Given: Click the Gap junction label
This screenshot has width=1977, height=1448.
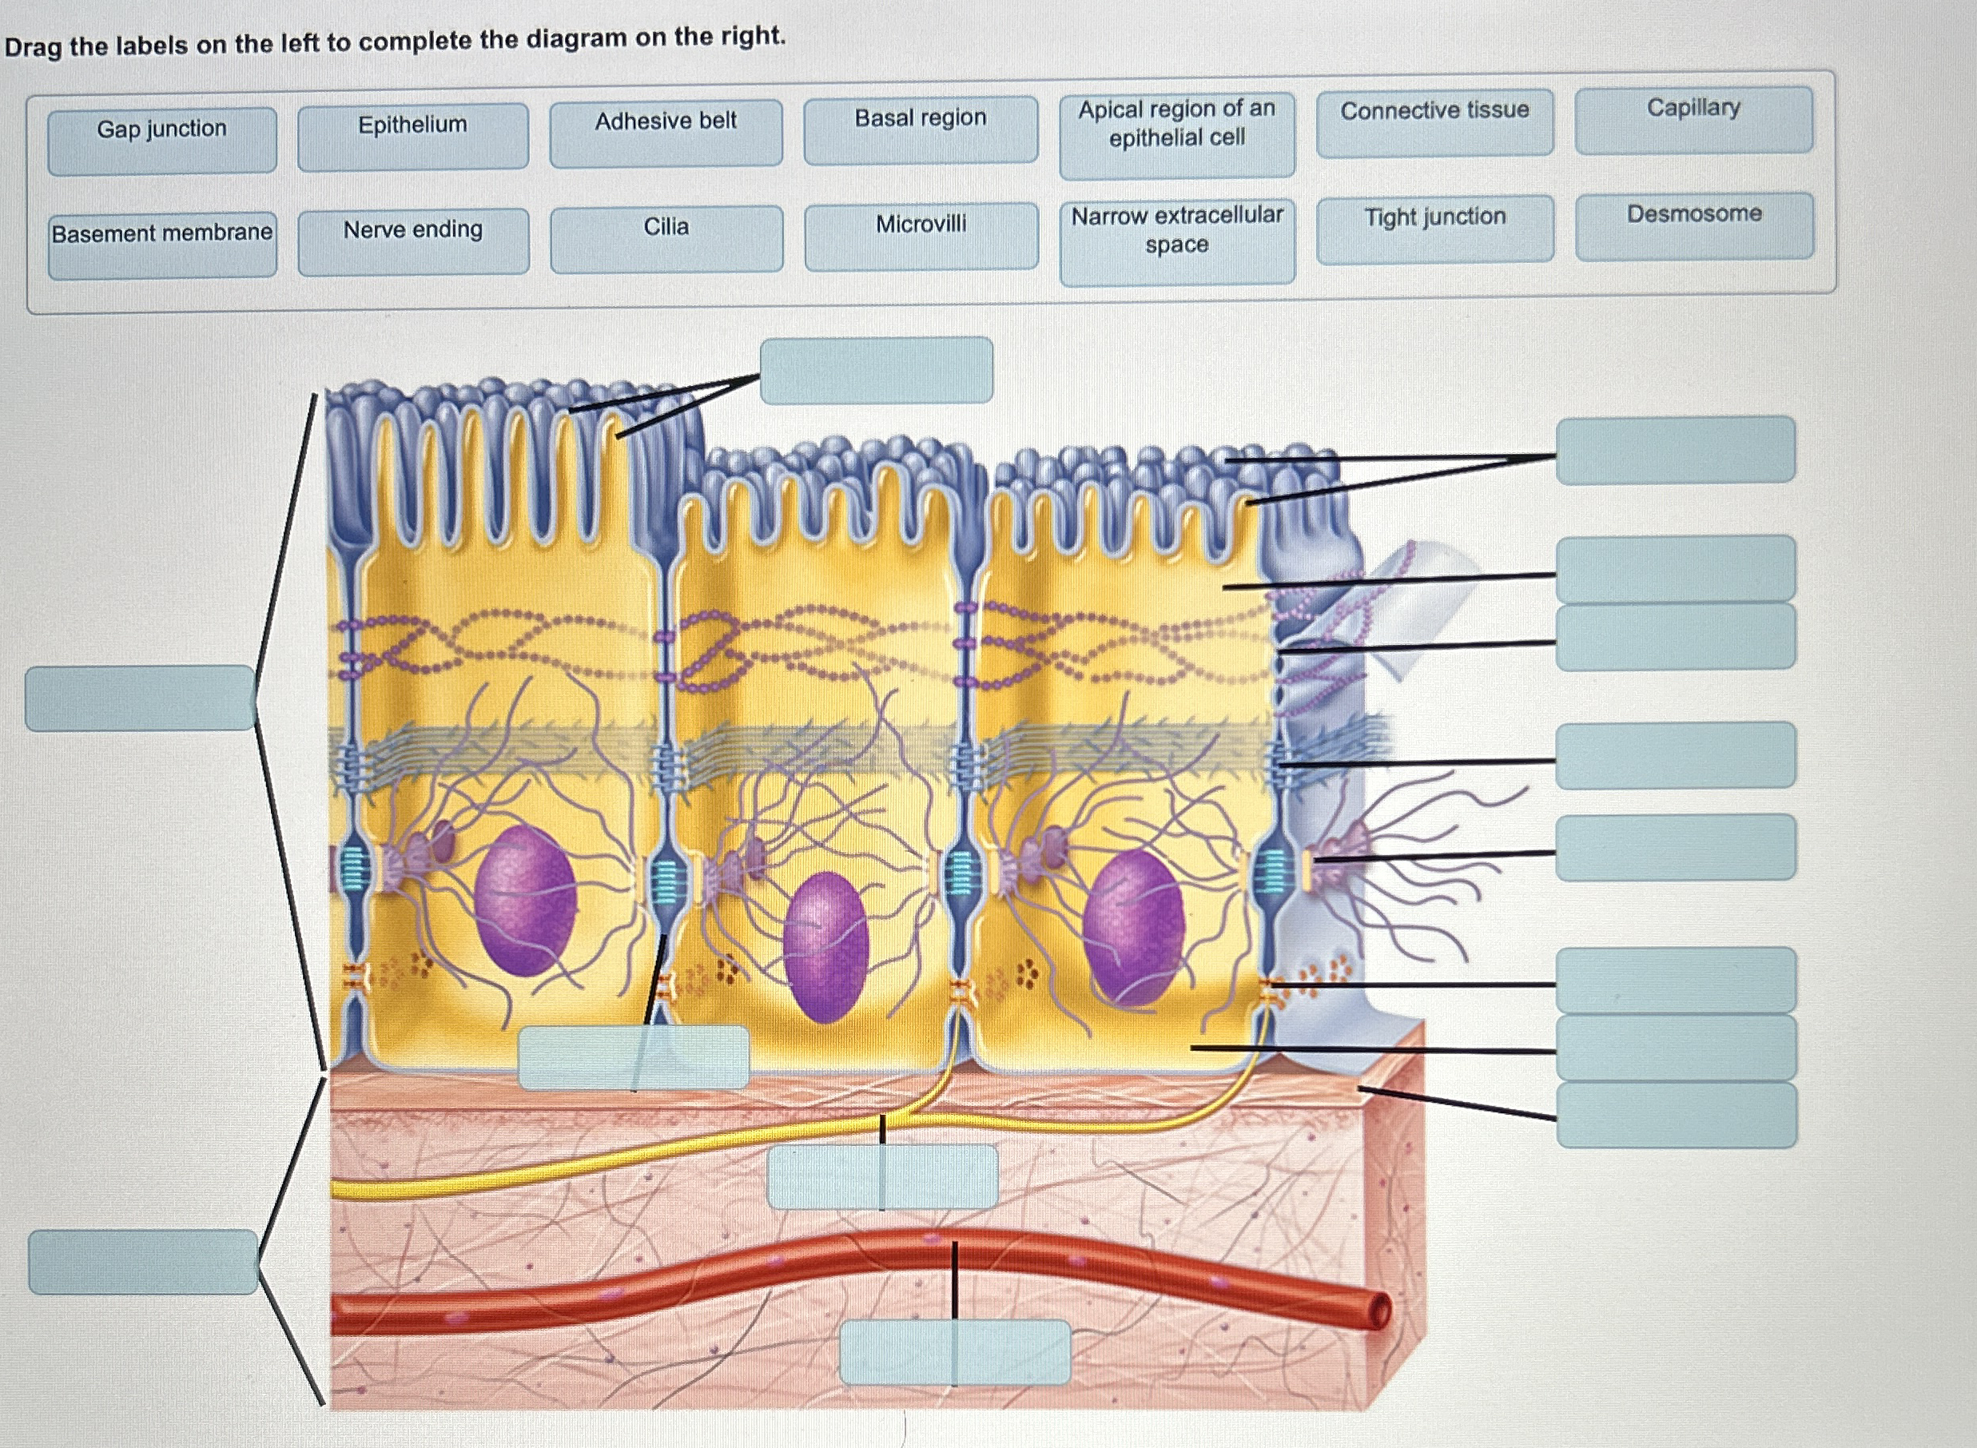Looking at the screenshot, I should (162, 140).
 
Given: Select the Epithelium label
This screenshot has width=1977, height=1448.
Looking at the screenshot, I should (413, 136).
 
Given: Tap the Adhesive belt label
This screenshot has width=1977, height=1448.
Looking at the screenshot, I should (666, 133).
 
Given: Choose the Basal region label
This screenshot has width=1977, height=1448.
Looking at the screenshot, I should (920, 129).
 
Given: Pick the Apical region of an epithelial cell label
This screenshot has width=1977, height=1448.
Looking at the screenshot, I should (1177, 135).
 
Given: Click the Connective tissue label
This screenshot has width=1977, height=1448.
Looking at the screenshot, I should (1434, 123).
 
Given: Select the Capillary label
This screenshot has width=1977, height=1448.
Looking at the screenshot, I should (1693, 119).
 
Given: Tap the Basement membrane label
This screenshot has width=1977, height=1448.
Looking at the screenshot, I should (162, 245).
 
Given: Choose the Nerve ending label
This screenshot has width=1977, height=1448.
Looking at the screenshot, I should (413, 241).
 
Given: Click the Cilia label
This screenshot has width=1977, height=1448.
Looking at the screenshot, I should (666, 238).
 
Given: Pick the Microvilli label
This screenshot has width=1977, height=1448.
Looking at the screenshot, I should (921, 236).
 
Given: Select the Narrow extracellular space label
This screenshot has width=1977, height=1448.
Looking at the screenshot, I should (1177, 241).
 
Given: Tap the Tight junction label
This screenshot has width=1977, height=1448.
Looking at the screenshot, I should (1434, 228).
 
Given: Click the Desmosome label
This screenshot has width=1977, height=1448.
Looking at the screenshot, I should (1694, 225).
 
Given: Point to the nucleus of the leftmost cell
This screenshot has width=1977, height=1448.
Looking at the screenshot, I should (525, 899).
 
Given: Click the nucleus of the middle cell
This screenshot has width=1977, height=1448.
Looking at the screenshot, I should (824, 947).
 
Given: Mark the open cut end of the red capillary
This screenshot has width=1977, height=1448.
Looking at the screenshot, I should (1378, 1312).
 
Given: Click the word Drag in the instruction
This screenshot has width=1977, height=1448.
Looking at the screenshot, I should (33, 46).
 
